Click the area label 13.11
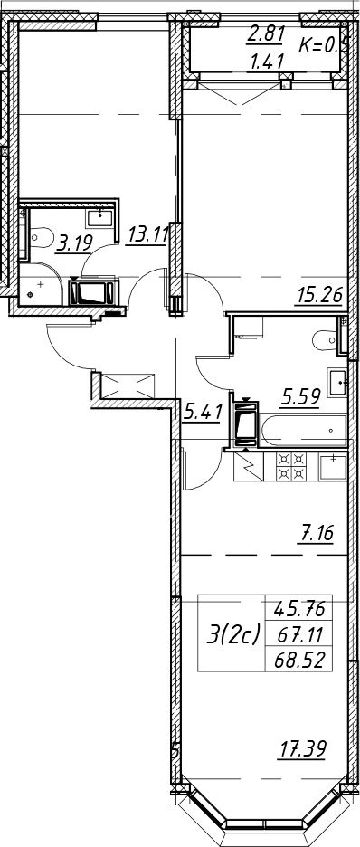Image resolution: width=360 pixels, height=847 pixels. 147,236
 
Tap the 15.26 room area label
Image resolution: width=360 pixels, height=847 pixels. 320,295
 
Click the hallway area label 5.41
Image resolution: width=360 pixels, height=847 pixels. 203,414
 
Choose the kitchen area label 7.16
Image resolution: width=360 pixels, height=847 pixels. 314,533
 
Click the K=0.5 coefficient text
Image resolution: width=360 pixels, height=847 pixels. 325,46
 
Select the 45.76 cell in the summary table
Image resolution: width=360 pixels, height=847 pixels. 299,609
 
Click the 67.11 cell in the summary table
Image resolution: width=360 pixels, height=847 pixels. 299,634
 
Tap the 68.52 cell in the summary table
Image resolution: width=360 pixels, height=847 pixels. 299,660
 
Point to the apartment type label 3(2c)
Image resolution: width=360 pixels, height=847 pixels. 233,634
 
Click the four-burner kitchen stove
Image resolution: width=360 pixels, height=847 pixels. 291,466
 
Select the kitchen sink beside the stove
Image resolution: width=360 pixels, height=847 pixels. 333,467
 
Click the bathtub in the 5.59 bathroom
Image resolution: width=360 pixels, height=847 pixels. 303,430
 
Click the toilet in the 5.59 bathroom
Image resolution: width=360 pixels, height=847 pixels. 326,338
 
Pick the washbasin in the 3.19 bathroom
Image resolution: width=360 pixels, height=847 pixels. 99,217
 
